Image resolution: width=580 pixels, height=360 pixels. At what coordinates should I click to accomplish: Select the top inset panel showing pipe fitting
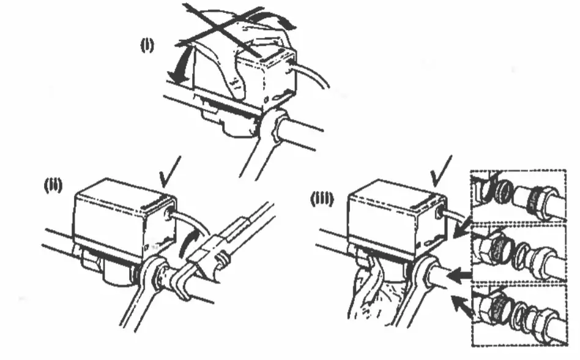click(523, 195)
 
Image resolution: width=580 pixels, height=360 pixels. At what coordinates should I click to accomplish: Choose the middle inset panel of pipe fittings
click(523, 252)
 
